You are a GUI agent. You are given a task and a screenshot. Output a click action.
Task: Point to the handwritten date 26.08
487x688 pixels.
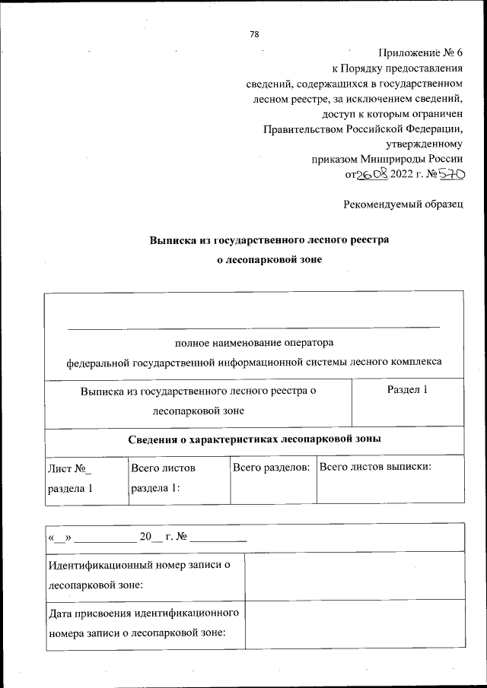(x=373, y=174)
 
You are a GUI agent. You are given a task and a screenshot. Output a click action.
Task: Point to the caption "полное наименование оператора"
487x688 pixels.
(x=254, y=343)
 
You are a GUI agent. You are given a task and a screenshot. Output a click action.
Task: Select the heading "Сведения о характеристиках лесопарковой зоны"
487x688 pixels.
(x=254, y=439)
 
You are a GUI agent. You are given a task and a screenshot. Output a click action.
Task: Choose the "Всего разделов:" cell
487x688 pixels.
(x=272, y=467)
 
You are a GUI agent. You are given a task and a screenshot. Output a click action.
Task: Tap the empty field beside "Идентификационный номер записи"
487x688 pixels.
(x=354, y=575)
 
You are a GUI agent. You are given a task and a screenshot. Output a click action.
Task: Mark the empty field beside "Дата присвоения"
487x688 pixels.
(x=354, y=623)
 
